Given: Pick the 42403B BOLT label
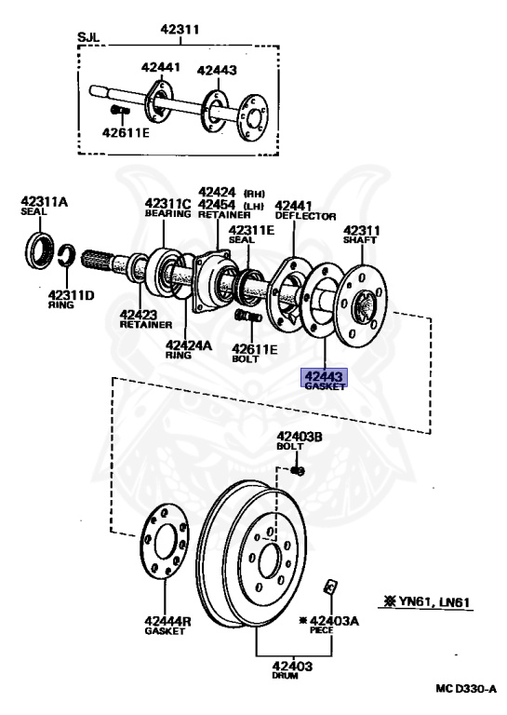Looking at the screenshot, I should click(x=299, y=440).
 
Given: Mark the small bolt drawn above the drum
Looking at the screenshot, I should click(x=298, y=468).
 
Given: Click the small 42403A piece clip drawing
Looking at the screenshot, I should click(x=329, y=586).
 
